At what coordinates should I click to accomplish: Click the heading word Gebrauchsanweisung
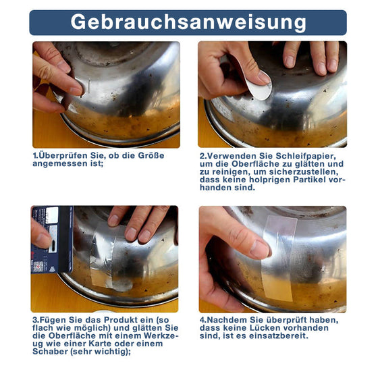[x=188, y=22]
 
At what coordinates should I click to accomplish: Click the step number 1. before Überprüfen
[x=35, y=155]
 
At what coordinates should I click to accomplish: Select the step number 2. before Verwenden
[x=202, y=155]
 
